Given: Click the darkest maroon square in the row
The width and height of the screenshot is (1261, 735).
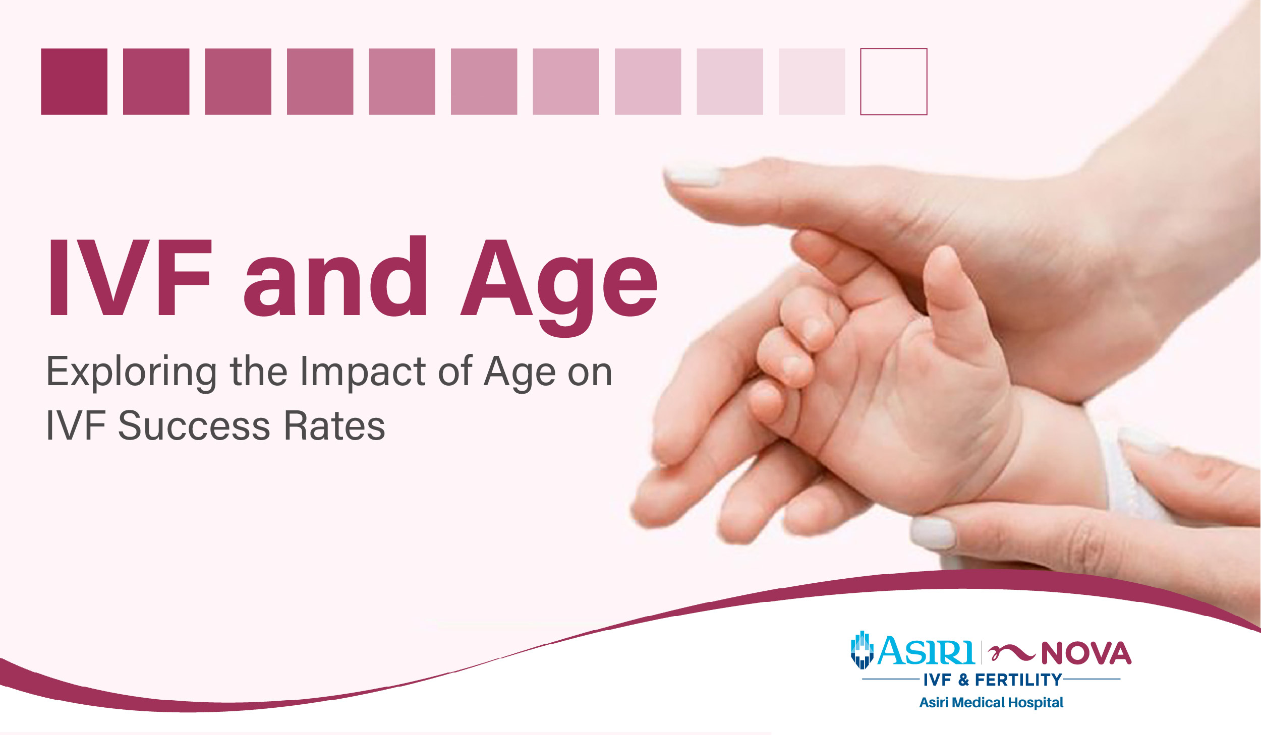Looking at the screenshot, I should (x=74, y=82).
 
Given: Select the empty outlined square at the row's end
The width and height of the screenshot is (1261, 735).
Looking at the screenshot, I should (x=893, y=82).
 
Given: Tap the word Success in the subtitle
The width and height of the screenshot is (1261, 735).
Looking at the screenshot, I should (x=194, y=426).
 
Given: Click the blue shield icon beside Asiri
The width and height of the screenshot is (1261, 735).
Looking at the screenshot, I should (x=862, y=650).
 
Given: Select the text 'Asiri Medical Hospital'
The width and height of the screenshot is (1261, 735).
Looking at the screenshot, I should (x=991, y=702).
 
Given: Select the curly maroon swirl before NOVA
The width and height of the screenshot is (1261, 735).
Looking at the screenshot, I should (x=1011, y=653).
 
